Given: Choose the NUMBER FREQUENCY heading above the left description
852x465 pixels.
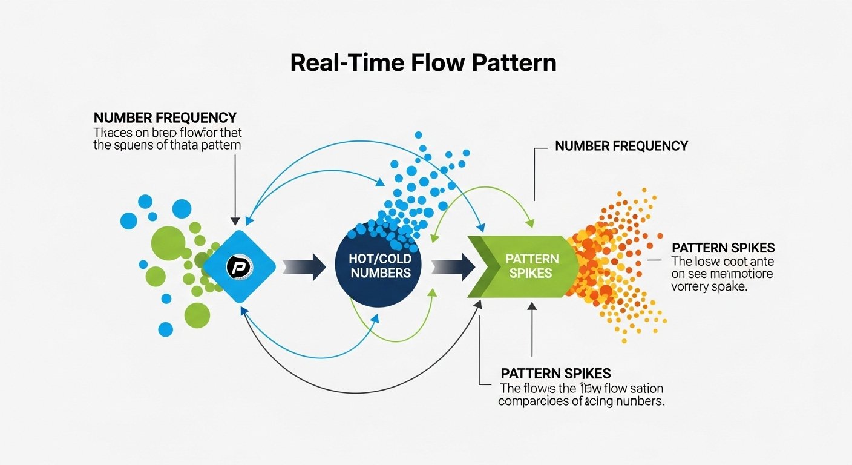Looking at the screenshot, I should [165, 117].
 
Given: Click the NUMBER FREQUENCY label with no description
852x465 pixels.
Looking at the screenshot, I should [621, 146].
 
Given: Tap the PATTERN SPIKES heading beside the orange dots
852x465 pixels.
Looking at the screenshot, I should [723, 248].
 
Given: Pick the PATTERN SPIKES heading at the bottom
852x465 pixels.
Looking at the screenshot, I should [555, 374].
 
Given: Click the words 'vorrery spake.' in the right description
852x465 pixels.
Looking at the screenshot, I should [709, 288].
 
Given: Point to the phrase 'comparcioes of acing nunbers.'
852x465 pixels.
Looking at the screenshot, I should [581, 401].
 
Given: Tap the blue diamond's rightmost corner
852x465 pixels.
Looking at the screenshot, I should [275, 266].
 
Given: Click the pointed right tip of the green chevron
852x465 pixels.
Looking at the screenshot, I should [579, 266].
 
